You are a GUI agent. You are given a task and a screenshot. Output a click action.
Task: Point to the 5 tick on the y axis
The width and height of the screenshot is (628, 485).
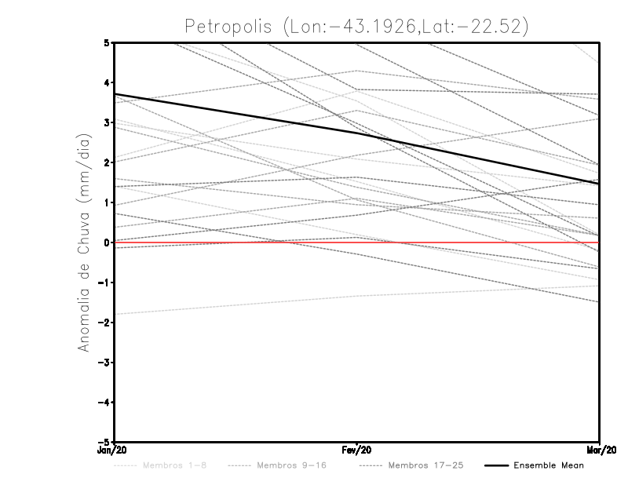pyautogui.click(x=106, y=42)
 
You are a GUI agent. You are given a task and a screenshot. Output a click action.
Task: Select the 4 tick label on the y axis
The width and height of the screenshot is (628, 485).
pyautogui.click(x=106, y=82)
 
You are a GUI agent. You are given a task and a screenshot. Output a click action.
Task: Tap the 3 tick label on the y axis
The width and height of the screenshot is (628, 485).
pyautogui.click(x=106, y=122)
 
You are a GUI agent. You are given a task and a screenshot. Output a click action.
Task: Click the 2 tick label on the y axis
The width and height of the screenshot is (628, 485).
pyautogui.click(x=106, y=162)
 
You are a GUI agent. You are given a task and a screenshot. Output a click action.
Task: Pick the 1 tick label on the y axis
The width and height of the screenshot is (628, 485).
pyautogui.click(x=106, y=202)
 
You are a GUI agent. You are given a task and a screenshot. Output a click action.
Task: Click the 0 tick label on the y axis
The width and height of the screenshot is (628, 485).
pyautogui.click(x=106, y=242)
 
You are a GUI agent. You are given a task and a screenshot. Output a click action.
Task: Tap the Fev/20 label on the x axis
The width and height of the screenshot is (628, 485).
pyautogui.click(x=357, y=450)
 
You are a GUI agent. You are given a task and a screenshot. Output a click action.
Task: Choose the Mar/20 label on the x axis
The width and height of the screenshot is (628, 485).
pyautogui.click(x=600, y=450)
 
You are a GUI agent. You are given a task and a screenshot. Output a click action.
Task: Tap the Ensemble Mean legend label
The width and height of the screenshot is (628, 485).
pyautogui.click(x=549, y=465)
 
